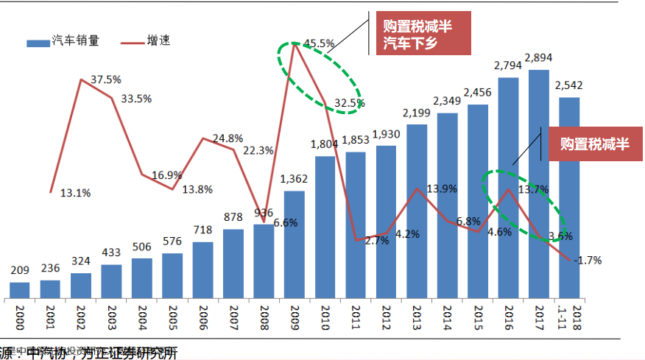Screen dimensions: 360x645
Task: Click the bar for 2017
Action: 538,184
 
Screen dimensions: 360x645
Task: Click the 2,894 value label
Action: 538,58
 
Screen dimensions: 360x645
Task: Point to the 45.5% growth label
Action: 319,43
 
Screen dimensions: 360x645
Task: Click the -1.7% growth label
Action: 588,259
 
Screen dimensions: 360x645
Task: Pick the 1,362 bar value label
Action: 295,179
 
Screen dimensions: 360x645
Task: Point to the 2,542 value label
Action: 569,85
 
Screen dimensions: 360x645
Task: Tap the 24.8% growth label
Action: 228,138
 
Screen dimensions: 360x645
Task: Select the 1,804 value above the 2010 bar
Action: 325,144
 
